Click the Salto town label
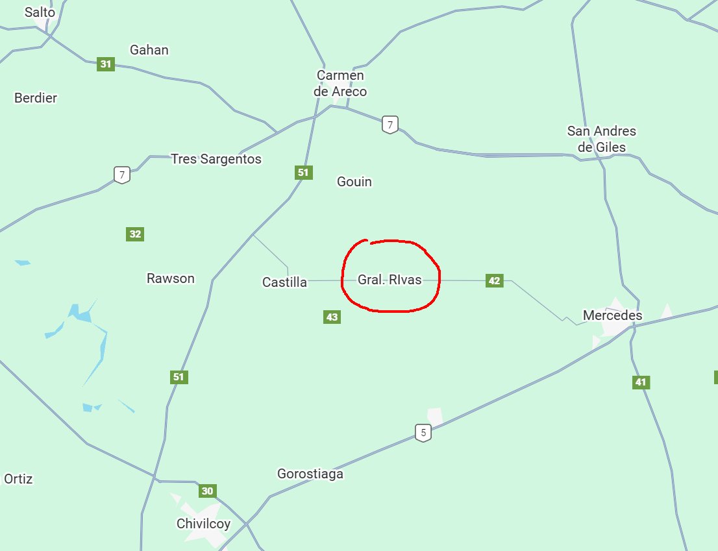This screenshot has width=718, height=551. coord(40,12)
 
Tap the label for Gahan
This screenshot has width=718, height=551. coord(149,50)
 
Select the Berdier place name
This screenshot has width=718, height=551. coord(36,98)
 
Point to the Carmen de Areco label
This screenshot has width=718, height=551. coord(340,84)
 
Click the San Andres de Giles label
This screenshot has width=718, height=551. coord(602,140)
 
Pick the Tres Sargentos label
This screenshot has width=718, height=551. coord(216,159)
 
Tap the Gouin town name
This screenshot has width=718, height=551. coord(354,182)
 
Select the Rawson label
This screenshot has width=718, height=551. coord(171,278)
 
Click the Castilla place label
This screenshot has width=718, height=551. coord(284,282)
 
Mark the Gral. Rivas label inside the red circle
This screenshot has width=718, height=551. coord(390,280)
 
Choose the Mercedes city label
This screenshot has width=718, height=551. coord(613,315)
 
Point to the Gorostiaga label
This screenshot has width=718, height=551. coord(310,474)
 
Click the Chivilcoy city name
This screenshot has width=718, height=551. coord(203,524)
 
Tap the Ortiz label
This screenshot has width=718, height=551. coord(18,479)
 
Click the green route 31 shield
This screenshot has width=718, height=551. coord(106,64)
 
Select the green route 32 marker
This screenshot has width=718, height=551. coord(135,234)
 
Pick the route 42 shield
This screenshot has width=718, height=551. coord(495,280)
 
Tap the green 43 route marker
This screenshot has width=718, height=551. coord(332,317)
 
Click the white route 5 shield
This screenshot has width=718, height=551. coord(423,432)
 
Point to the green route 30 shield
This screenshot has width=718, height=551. coord(207,491)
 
